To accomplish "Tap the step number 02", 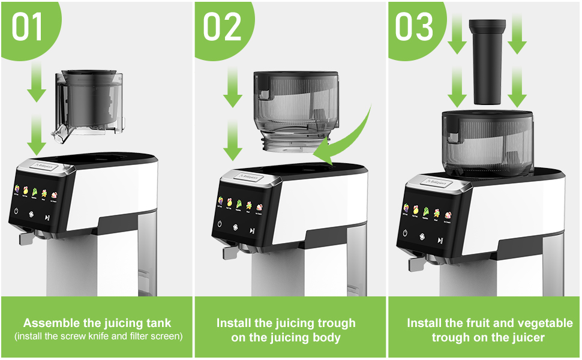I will [223, 28].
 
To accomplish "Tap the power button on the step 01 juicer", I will [17, 212].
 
